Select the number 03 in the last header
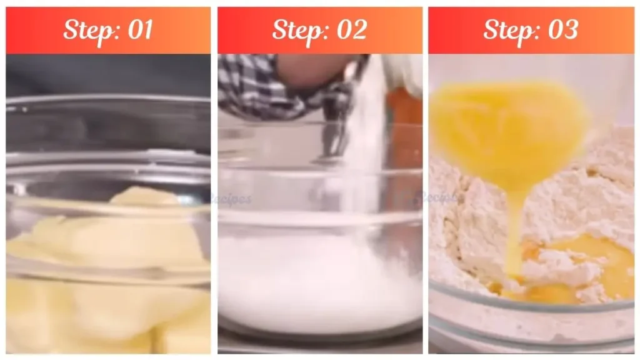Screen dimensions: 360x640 pos(561,30)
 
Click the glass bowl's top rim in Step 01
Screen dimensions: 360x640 pos(106,99)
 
